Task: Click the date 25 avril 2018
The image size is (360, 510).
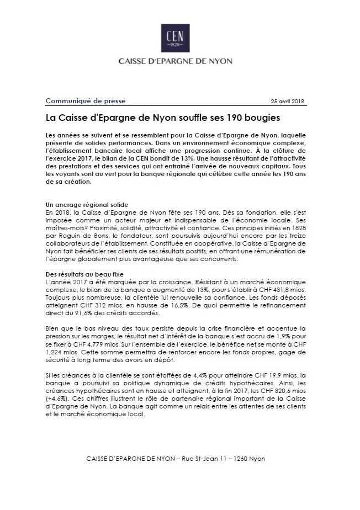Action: [x=288, y=102]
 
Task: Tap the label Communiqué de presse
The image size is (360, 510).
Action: [x=85, y=101]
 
